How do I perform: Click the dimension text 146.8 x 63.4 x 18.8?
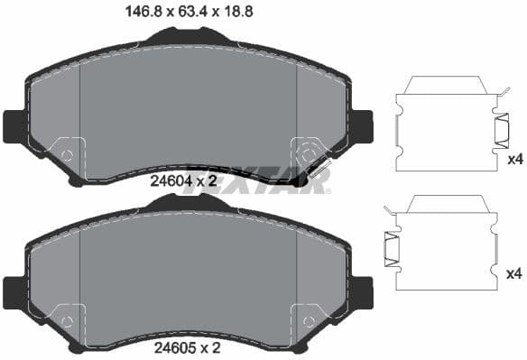tap(188, 13)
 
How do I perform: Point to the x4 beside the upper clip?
tap(515, 160)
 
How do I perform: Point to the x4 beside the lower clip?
tap(515, 273)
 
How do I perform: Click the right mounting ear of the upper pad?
tap(361, 125)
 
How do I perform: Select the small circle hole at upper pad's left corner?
tap(66, 155)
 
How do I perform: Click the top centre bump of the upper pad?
tap(188, 36)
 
